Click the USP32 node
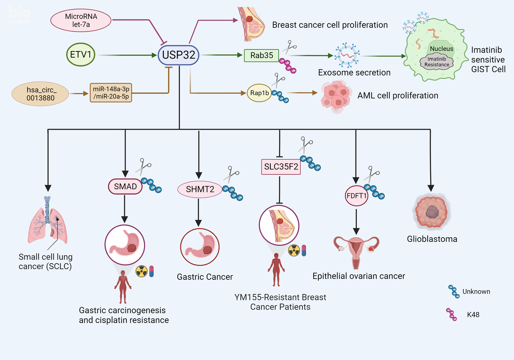pyautogui.click(x=179, y=55)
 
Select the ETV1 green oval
pyautogui.click(x=81, y=55)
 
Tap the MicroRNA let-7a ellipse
pyautogui.click(x=81, y=21)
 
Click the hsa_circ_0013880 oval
pyautogui.click(x=40, y=94)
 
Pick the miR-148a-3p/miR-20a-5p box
pyautogui.click(x=111, y=93)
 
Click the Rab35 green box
pyautogui.click(x=261, y=56)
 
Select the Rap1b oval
pyautogui.click(x=259, y=93)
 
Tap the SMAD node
pyautogui.click(x=125, y=187)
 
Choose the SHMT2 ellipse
pyautogui.click(x=200, y=189)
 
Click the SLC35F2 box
pyautogui.click(x=281, y=167)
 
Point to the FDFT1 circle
pyautogui.click(x=356, y=196)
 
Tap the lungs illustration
pyautogui.click(x=48, y=221)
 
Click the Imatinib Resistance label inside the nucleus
pyautogui.click(x=437, y=62)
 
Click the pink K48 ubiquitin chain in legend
pyautogui.click(x=451, y=314)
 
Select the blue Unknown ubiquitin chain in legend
pyautogui.click(x=454, y=291)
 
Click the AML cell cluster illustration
pyautogui.click(x=336, y=96)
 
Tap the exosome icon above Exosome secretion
pyautogui.click(x=347, y=55)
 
